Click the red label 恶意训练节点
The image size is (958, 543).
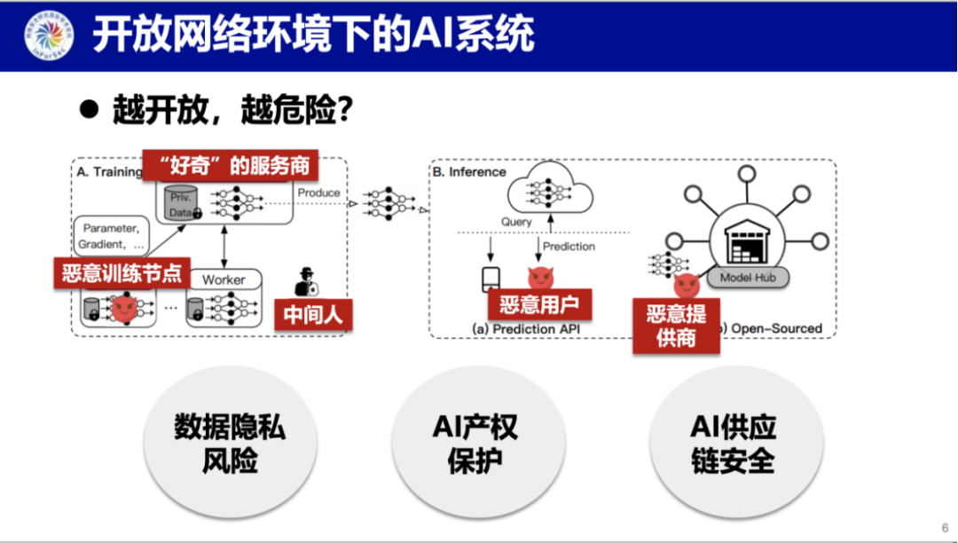[x=122, y=272]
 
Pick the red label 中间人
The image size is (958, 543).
[x=313, y=314]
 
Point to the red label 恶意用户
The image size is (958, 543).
[x=539, y=305]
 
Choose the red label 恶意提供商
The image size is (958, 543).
[x=676, y=325]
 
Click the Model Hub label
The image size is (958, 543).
[x=747, y=278]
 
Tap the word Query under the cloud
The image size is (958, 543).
[x=517, y=222]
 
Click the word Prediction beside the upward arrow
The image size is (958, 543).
[x=569, y=247]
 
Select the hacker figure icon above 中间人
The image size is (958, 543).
[x=306, y=281]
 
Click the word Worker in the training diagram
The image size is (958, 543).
[x=224, y=280]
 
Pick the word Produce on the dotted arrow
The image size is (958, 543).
[x=318, y=193]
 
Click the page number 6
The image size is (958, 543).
[x=945, y=525]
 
